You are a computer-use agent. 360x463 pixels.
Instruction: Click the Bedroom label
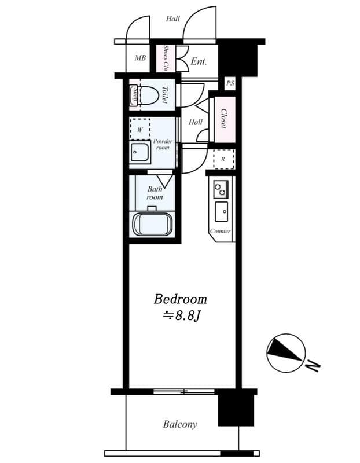point(180,299)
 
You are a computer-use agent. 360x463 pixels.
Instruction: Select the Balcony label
point(179,424)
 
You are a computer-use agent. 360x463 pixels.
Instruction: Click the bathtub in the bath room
point(152,224)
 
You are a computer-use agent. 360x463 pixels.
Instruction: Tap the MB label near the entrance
point(140,58)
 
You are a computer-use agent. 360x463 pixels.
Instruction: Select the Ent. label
point(199,60)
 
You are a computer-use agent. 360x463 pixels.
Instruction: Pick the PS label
point(230,83)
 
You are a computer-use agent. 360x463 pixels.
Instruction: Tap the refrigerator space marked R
point(223,159)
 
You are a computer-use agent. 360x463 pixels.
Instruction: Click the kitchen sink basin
point(221,212)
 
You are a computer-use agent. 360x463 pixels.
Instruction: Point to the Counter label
point(220,231)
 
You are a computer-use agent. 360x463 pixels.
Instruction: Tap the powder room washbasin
point(140,153)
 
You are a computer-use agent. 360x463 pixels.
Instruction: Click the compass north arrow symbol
point(285,351)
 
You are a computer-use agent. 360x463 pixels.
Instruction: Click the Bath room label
point(155,193)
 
